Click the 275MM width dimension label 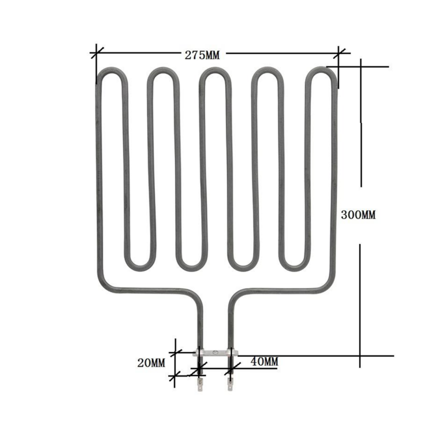(202, 55)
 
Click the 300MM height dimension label (358, 215)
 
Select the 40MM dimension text (264, 361)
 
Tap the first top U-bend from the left (109, 72)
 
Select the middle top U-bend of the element (215, 72)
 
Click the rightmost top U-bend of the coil (321, 72)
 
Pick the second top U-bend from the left (162, 72)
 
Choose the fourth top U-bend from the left (268, 72)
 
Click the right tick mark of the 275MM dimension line (339, 54)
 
